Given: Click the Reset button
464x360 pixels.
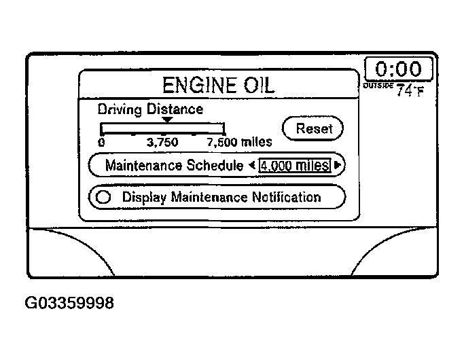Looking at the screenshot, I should pyautogui.click(x=313, y=128).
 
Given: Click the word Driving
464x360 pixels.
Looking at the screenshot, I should pyautogui.click(x=121, y=109).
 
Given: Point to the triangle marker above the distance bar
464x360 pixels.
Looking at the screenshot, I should pyautogui.click(x=167, y=120).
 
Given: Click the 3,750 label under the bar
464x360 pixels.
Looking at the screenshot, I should pyautogui.click(x=162, y=143).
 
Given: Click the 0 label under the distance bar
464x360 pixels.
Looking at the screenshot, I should pyautogui.click(x=101, y=143).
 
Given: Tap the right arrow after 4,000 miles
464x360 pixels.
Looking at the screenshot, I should pyautogui.click(x=337, y=165).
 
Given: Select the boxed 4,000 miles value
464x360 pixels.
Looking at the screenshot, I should pyautogui.click(x=294, y=165).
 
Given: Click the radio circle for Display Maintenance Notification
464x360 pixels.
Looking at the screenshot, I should pyautogui.click(x=103, y=198).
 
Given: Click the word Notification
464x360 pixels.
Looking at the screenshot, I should pyautogui.click(x=284, y=198).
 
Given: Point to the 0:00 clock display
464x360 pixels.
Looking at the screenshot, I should pyautogui.click(x=398, y=70).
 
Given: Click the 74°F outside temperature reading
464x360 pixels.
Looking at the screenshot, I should pyautogui.click(x=410, y=90).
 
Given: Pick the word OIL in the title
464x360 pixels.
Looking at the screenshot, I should pyautogui.click(x=256, y=85).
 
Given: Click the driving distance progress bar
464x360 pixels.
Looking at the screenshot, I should pyautogui.click(x=162, y=128).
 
